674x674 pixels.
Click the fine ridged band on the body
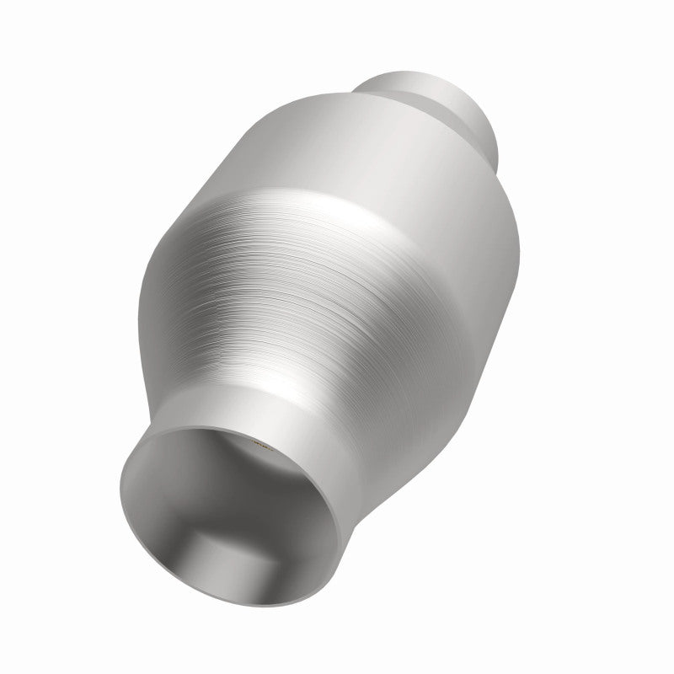[x=337, y=278]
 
